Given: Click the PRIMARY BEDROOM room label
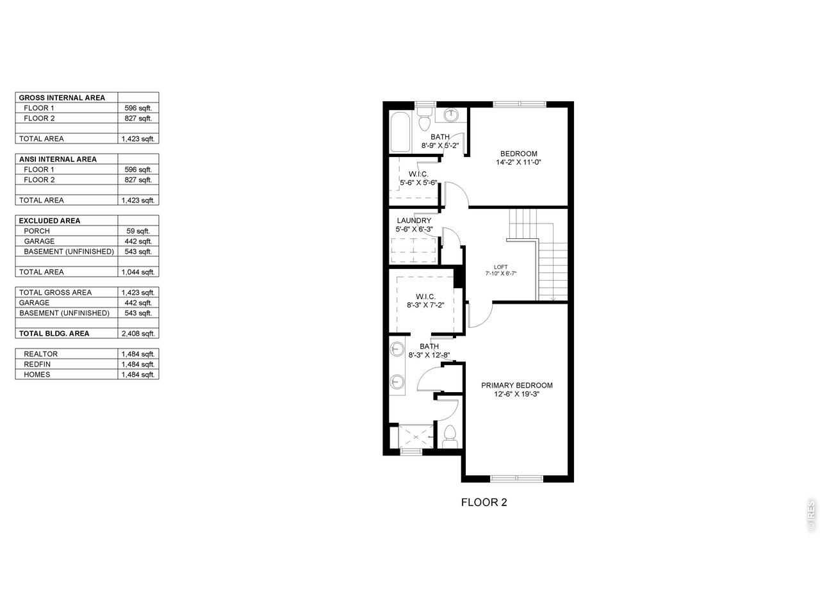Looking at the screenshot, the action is pyautogui.click(x=516, y=385).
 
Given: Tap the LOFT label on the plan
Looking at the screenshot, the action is pyautogui.click(x=500, y=267).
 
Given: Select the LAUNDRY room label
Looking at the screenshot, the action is pyautogui.click(x=414, y=220).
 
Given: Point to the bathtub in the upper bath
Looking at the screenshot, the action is pyautogui.click(x=400, y=131).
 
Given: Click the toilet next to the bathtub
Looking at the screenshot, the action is pyautogui.click(x=424, y=119).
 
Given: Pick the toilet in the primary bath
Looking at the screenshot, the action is pyautogui.click(x=450, y=436).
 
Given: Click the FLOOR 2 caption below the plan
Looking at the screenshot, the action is pyautogui.click(x=484, y=502).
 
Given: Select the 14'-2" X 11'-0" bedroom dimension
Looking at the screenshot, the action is pyautogui.click(x=518, y=162).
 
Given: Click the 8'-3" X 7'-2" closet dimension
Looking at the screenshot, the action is pyautogui.click(x=425, y=305).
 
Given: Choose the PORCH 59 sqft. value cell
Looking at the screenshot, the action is pyautogui.click(x=138, y=231).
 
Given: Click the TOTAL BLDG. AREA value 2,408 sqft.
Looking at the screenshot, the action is pyautogui.click(x=138, y=334).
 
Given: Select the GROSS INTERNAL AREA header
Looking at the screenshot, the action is pyautogui.click(x=62, y=98).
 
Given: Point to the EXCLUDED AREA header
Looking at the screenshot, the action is pyautogui.click(x=50, y=220).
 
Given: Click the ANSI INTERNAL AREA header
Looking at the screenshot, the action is pyautogui.click(x=58, y=160).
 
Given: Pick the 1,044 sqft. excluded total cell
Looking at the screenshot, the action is pyautogui.click(x=138, y=272).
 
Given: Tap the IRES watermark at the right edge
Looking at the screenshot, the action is pyautogui.click(x=810, y=515).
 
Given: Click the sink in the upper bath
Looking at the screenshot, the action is pyautogui.click(x=451, y=115).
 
